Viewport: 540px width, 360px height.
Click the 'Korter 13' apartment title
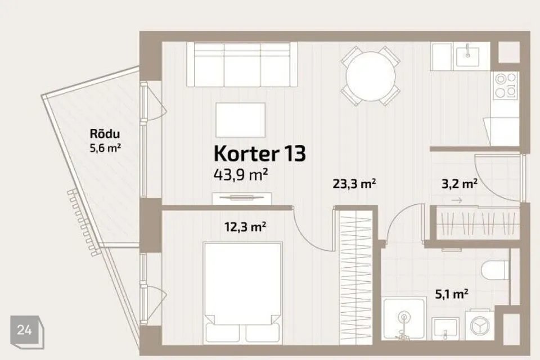tap(259, 152)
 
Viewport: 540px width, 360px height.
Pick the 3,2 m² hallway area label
tap(458, 183)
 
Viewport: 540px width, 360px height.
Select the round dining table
tap(370, 75)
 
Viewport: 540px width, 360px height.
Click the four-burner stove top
tap(505, 85)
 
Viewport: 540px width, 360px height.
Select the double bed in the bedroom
tap(242, 292)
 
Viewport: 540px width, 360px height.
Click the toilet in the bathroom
tap(495, 271)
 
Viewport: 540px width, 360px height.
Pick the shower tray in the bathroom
tap(404, 326)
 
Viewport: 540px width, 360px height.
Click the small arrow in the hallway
tap(457, 200)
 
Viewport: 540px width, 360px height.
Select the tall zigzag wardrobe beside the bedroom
tap(355, 281)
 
